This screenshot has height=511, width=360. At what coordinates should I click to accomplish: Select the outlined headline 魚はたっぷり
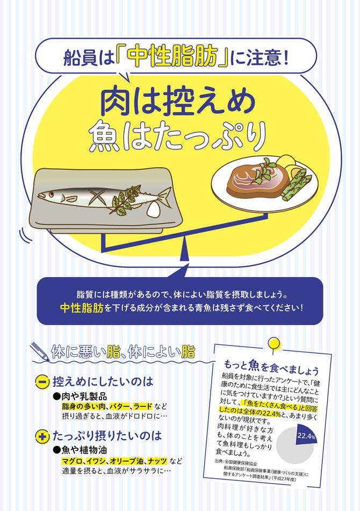click(177, 136)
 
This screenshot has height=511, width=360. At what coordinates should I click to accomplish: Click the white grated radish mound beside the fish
click(155, 209)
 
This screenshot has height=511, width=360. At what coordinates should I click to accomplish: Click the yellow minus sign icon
click(42, 382)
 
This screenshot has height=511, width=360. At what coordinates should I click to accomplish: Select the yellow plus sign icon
click(42, 436)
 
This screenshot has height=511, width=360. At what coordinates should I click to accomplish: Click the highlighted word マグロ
click(73, 462)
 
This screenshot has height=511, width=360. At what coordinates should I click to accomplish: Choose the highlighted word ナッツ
click(157, 462)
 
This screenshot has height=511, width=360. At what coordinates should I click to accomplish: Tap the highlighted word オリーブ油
click(126, 462)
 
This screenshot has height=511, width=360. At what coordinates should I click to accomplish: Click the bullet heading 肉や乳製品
click(81, 396)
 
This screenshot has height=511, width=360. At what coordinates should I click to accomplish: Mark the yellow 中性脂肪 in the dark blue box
click(82, 308)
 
